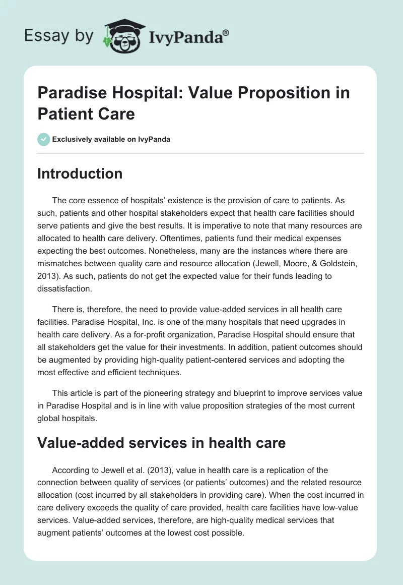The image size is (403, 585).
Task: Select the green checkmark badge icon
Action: coord(44,139)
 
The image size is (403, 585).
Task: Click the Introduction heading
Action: coord(80,173)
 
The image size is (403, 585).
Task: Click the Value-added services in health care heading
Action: coord(162,443)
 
